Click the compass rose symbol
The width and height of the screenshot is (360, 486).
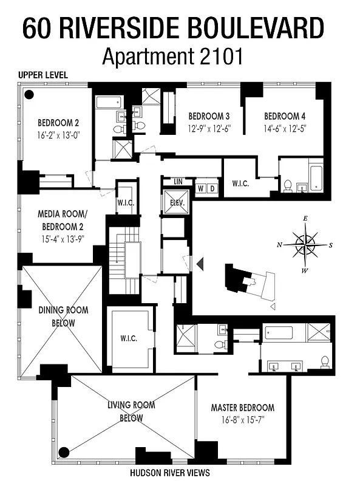305,245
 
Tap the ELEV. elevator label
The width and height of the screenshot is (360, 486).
177,202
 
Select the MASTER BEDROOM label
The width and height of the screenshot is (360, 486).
242,408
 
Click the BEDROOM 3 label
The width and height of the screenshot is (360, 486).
208,116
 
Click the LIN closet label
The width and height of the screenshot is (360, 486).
178,182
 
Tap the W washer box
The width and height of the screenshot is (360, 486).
200,188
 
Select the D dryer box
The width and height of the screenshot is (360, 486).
212,188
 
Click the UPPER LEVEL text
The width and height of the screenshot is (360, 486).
42,75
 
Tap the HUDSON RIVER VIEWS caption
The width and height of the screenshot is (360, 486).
169,472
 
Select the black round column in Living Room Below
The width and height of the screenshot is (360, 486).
63,451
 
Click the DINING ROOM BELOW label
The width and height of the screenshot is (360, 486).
63,317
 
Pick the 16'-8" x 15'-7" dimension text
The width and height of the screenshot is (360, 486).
242,420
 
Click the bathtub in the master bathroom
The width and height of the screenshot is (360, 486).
279,334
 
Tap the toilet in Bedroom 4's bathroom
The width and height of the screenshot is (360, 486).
288,185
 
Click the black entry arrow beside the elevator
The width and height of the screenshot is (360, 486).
200,263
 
